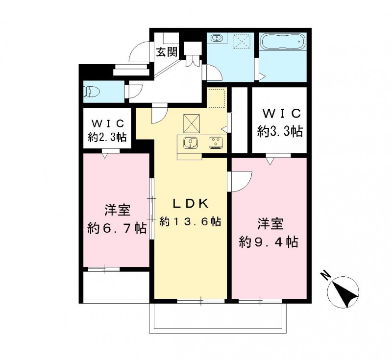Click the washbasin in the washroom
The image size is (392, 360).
point(217,39)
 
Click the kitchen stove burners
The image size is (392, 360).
point(215,143)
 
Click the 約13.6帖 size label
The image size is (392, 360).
point(190,222)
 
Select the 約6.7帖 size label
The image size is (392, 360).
point(117,228)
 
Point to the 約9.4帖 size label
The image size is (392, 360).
point(269,241)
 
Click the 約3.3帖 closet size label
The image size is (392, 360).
point(280,131)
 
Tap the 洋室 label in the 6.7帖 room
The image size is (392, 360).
point(117,211)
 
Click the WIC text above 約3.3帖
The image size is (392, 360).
point(280,114)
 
